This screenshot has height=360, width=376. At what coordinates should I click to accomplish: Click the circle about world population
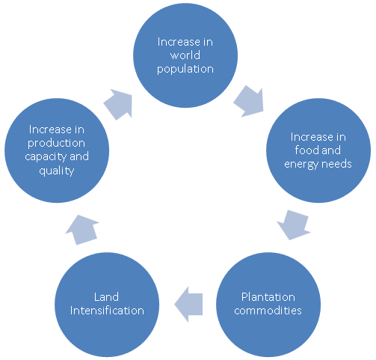(x=185, y=55)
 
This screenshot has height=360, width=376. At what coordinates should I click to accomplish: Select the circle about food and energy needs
(x=318, y=150)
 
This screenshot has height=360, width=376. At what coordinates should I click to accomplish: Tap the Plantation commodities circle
(x=268, y=305)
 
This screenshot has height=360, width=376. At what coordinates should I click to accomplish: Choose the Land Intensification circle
(x=107, y=305)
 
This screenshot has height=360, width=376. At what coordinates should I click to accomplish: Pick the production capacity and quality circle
(x=57, y=150)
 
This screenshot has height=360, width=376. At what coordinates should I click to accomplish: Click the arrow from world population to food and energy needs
(x=250, y=102)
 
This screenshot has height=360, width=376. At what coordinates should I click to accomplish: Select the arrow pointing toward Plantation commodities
(x=294, y=225)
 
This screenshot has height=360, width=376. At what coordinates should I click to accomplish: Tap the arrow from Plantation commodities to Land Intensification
(x=188, y=305)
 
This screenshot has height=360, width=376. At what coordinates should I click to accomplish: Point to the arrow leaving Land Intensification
(x=81, y=230)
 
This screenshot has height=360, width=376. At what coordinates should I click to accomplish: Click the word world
(x=185, y=55)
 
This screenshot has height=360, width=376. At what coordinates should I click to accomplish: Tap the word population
(x=185, y=70)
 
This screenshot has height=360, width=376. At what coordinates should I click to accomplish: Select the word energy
(x=301, y=165)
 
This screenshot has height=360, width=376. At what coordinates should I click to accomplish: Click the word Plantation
(x=268, y=297)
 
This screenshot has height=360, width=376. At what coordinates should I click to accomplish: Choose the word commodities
(x=268, y=311)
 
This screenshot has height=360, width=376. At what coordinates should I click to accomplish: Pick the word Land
(x=106, y=297)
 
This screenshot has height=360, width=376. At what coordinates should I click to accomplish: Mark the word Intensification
(x=107, y=311)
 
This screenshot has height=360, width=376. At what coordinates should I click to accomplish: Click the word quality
(x=57, y=171)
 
